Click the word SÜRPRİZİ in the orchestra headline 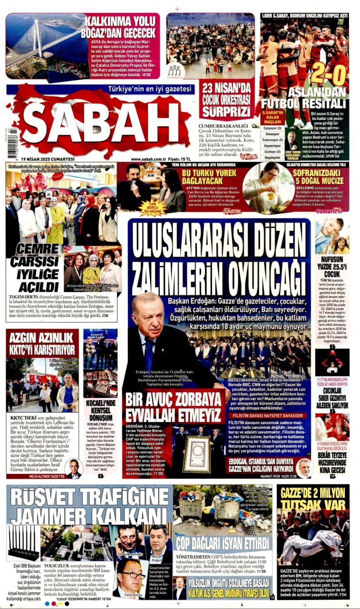coord(224,112)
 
